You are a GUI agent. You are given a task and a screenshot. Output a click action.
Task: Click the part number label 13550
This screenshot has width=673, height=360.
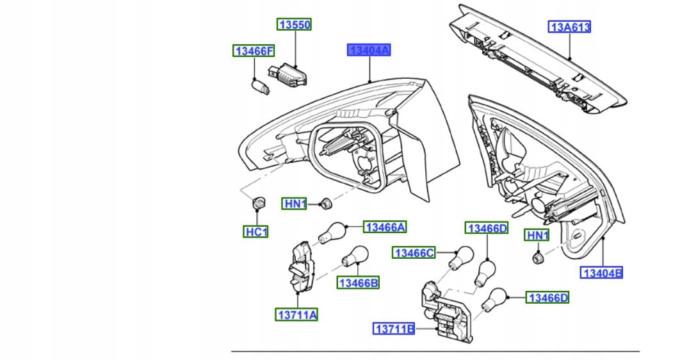[x=294, y=24]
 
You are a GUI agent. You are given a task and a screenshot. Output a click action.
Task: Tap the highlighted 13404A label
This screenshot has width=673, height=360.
[x=369, y=50]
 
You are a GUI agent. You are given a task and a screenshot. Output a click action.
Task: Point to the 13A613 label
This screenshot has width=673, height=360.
[x=569, y=27]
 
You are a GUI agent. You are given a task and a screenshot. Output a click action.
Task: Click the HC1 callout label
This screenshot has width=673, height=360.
[x=255, y=232]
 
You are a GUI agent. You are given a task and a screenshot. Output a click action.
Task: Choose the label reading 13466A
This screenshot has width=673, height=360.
[x=385, y=227]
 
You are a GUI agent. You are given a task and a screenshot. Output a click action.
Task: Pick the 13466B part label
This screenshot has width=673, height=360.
[x=358, y=282]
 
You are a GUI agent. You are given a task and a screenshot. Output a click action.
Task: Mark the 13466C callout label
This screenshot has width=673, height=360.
[x=414, y=253]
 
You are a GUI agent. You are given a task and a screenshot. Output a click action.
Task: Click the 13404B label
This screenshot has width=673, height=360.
[x=601, y=272]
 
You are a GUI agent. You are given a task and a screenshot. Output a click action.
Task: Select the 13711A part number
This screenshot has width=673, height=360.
[x=297, y=315]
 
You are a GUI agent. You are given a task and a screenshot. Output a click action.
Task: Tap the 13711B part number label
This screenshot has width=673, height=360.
[x=394, y=329]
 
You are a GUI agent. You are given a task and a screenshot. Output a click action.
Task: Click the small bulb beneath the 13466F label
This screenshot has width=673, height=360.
[x=260, y=86]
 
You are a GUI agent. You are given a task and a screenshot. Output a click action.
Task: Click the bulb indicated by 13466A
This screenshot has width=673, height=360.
[x=332, y=233]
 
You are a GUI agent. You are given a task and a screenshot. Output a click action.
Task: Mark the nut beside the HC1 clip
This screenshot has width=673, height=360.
[x=325, y=204]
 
